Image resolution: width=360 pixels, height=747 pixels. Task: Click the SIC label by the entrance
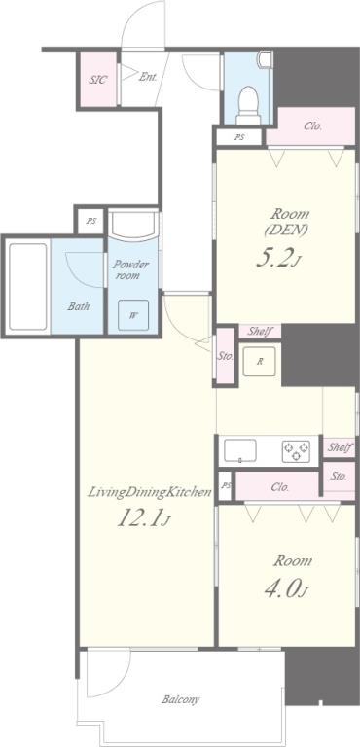click(x=97, y=79)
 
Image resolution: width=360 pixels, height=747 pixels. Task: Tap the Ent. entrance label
click(x=148, y=76)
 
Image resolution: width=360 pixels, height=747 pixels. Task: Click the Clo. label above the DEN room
click(x=312, y=126)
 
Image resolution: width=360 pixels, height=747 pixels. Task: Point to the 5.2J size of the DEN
click(x=279, y=259)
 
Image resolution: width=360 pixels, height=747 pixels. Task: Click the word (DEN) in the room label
click(x=287, y=230)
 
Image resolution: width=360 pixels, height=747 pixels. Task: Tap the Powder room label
click(x=130, y=269)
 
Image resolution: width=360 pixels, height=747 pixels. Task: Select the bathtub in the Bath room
click(x=28, y=286)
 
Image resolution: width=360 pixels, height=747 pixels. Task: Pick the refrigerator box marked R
click(x=260, y=361)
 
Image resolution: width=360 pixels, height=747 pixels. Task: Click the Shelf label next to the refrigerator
click(x=260, y=332)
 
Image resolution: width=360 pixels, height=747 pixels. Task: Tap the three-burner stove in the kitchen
click(x=296, y=451)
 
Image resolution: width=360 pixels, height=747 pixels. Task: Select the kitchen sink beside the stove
click(x=240, y=450)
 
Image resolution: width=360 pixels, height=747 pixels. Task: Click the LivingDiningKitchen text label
click(x=149, y=492)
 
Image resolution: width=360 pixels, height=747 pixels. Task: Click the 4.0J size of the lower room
click(x=286, y=589)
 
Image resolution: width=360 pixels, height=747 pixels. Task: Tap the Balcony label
click(x=180, y=700)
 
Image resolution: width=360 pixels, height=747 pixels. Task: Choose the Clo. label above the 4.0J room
click(x=280, y=487)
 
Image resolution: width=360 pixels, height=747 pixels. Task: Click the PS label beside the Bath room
click(x=90, y=221)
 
